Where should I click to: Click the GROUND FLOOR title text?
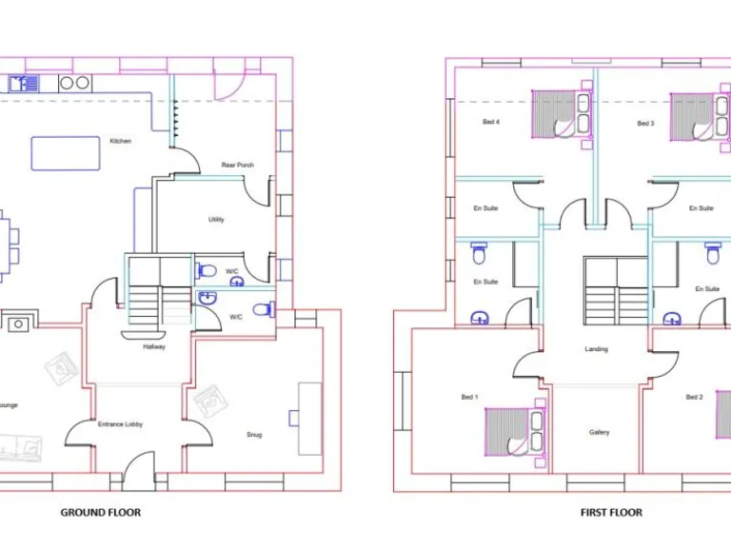(x=100, y=513)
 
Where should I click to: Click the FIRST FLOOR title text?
(x=611, y=513)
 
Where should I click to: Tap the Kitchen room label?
(x=120, y=141)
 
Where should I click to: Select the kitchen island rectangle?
(x=66, y=153)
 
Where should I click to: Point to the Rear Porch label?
(x=237, y=165)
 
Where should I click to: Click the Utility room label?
(x=216, y=220)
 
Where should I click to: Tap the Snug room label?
(x=254, y=435)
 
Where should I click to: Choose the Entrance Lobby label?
(x=121, y=424)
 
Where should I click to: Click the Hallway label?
(x=154, y=347)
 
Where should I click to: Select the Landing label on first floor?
(x=596, y=349)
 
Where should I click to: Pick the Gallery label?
(x=599, y=433)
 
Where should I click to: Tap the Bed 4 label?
(x=491, y=123)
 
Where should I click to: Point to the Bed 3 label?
(x=645, y=124)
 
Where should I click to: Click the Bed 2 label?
(x=694, y=397)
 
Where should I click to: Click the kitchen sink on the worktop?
(x=24, y=84)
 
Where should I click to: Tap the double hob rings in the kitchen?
(x=74, y=84)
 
